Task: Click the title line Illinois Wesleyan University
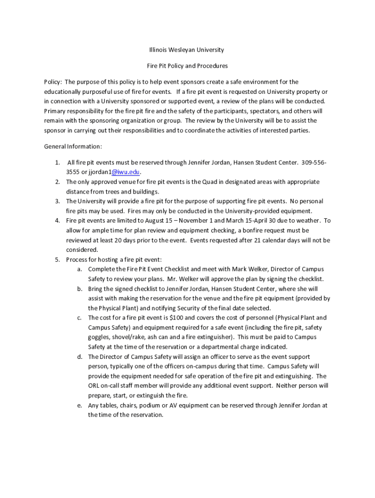click(x=187, y=50)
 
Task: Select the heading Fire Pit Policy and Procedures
click(x=187, y=66)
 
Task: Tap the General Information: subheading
click(x=73, y=146)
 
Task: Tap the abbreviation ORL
click(x=94, y=386)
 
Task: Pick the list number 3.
click(x=57, y=201)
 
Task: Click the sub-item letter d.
click(x=79, y=356)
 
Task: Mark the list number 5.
click(x=57, y=260)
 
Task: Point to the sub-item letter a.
click(x=79, y=269)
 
